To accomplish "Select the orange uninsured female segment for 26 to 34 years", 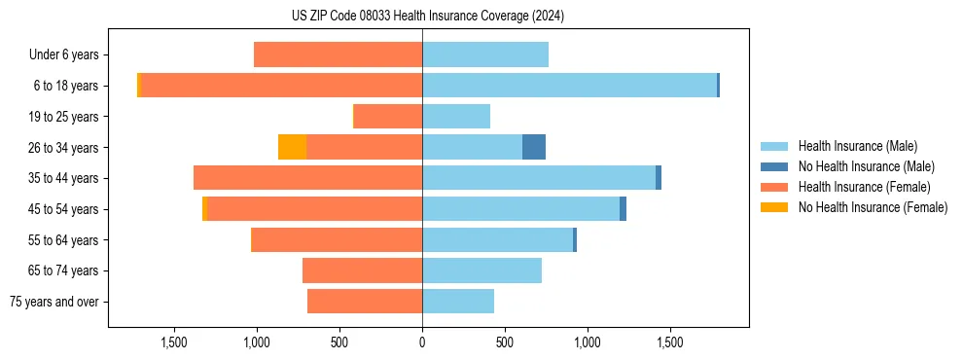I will click(292, 147).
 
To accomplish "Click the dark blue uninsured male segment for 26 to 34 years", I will click(534, 147).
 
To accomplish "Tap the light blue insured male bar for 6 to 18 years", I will click(569, 86).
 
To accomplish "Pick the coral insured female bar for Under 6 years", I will click(338, 54).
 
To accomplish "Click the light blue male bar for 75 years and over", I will click(458, 302).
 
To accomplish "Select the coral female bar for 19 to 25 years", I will click(387, 117).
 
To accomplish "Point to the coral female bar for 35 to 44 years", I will click(307, 178).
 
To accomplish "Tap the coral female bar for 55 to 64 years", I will click(337, 240).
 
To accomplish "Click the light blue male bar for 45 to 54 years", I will click(520, 209).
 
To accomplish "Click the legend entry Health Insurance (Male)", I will click(856, 146).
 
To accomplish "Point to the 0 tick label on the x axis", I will click(422, 343).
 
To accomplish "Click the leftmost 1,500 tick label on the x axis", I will click(174, 343).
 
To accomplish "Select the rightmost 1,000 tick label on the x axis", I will click(587, 343).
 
